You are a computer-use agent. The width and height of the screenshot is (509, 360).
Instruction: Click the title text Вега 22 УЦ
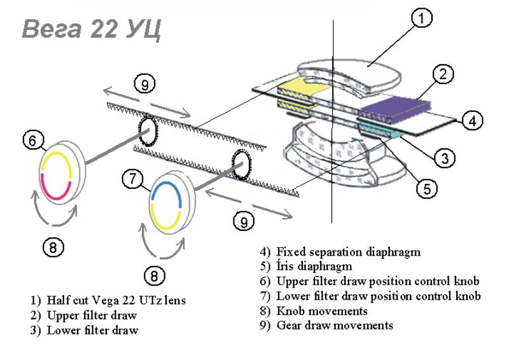tap(90, 29)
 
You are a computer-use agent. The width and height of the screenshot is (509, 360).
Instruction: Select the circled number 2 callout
tap(444, 74)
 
